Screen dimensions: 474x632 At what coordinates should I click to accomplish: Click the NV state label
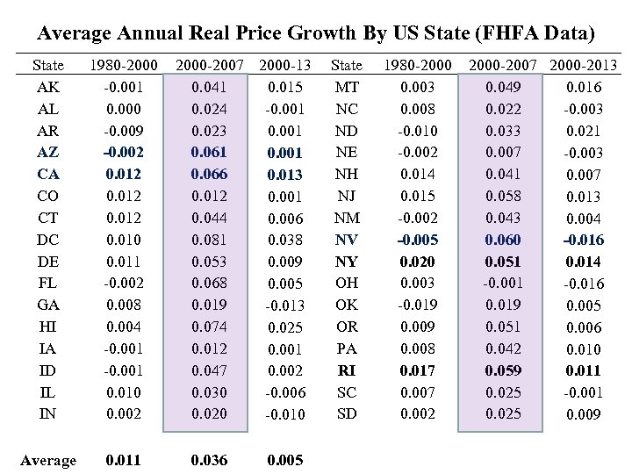pyautogui.click(x=348, y=239)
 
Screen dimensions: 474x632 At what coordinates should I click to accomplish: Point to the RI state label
pyautogui.click(x=348, y=370)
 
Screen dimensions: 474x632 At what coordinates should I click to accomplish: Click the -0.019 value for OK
pyautogui.click(x=416, y=304)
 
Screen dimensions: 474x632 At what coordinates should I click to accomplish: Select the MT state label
pyautogui.click(x=348, y=86)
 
